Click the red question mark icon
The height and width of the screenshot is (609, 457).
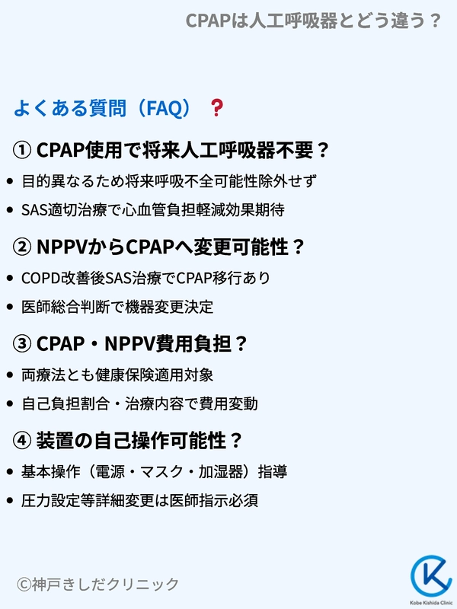[x=217, y=107]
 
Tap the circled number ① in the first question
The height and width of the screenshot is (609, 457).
[x=22, y=150]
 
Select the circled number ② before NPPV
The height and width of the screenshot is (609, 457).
[x=22, y=247]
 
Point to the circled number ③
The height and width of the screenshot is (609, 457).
[x=22, y=343]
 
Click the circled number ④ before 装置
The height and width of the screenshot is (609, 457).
[x=22, y=441]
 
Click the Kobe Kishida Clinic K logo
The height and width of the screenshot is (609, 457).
[x=431, y=577]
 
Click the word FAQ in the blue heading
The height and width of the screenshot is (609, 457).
[x=164, y=108]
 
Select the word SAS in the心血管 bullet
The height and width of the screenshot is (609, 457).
[x=34, y=210]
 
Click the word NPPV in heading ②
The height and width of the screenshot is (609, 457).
[x=62, y=247]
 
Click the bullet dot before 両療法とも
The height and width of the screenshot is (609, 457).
[x=10, y=375]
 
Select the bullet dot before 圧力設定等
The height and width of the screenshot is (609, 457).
[x=10, y=501]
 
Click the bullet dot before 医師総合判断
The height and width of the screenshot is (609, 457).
[x=10, y=307]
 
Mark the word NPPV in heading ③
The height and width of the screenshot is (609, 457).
[x=130, y=343]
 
